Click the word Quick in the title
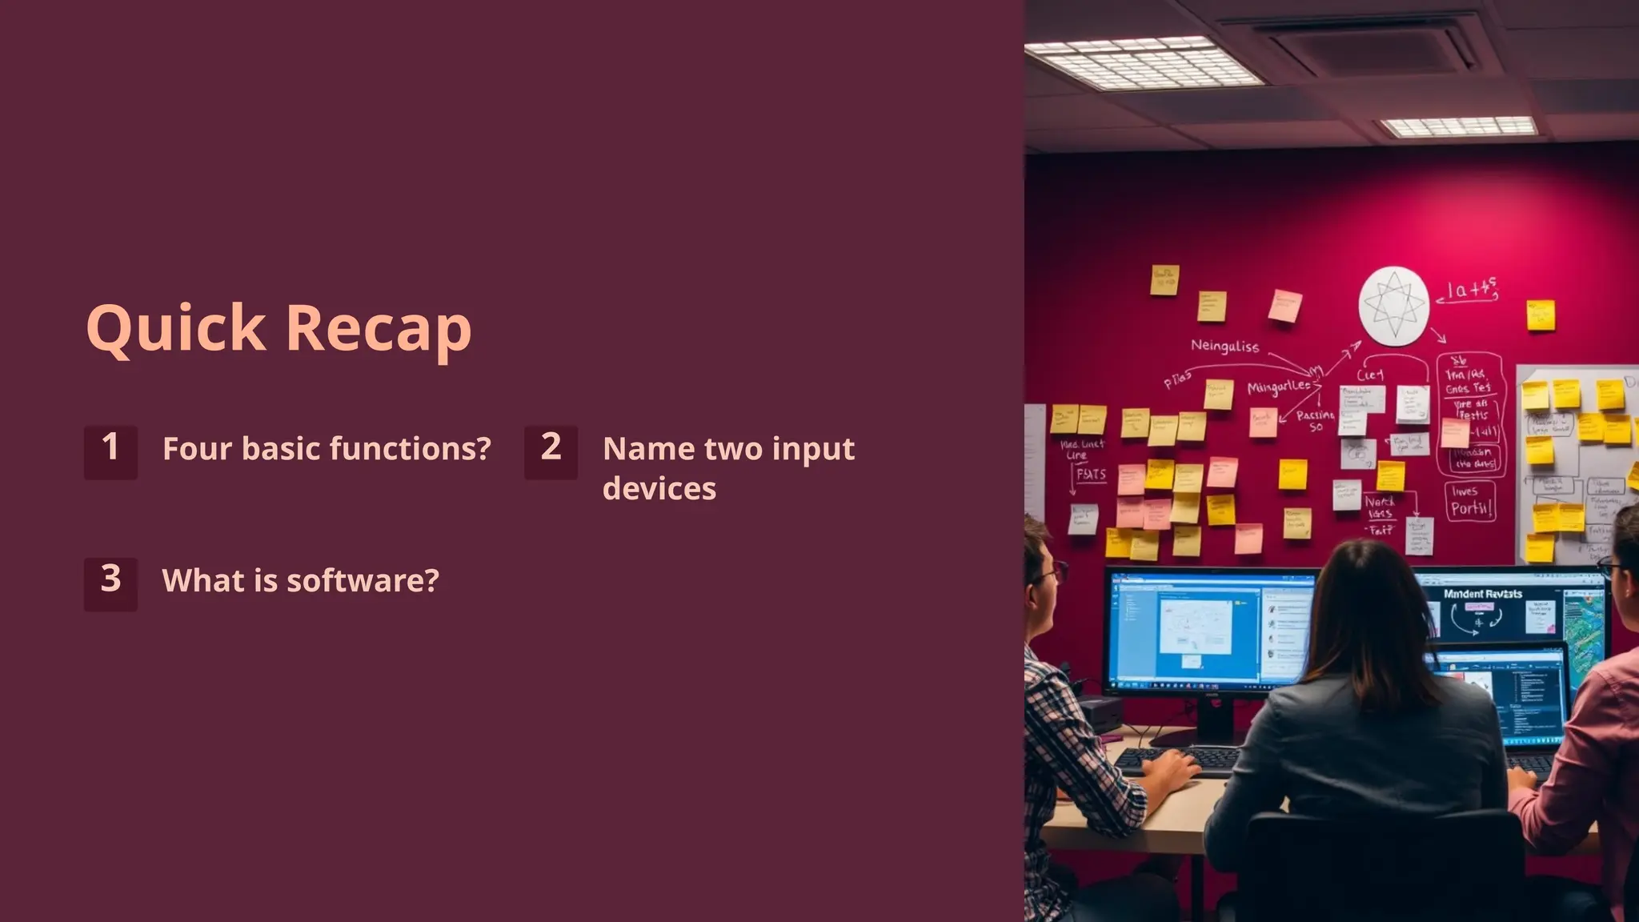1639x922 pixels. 175,328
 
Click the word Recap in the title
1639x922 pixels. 379,328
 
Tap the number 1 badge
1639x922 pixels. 110,451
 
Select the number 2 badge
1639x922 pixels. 551,451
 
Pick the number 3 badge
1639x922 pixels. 110,583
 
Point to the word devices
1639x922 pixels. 659,489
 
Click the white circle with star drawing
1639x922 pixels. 1394,306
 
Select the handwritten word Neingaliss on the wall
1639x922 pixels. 1224,346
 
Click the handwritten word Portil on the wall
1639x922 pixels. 1471,508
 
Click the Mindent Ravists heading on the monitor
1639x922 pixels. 1482,594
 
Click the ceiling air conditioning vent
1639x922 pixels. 1369,44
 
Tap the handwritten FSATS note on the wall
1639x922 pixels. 1091,474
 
